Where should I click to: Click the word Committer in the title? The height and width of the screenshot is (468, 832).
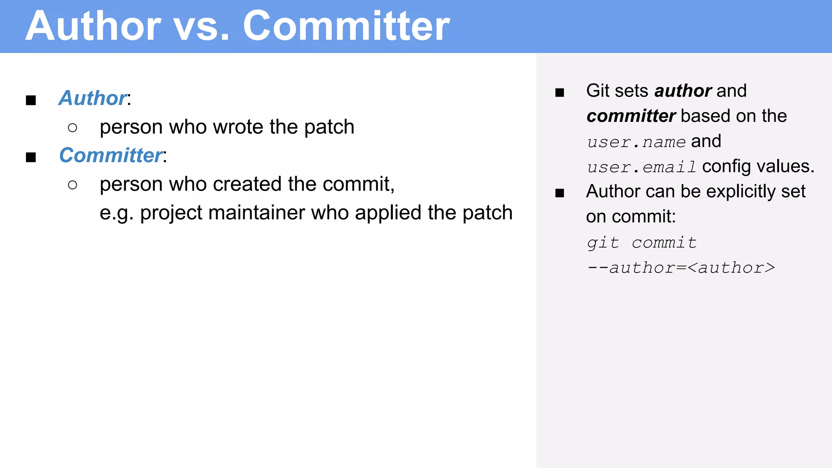pyautogui.click(x=346, y=26)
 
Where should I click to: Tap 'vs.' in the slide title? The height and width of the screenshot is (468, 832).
pyautogui.click(x=201, y=26)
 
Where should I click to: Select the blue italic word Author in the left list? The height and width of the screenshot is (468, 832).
pyautogui.click(x=93, y=98)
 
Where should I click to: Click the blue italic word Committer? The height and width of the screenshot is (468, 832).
pyautogui.click(x=110, y=155)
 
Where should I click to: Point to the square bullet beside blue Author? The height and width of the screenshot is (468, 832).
pyautogui.click(x=31, y=100)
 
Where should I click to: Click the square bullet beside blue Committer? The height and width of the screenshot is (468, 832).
pyautogui.click(x=31, y=157)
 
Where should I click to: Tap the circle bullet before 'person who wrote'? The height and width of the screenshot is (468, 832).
pyautogui.click(x=73, y=128)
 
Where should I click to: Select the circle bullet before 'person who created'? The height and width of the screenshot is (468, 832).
pyautogui.click(x=73, y=185)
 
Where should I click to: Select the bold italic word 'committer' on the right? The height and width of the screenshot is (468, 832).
pyautogui.click(x=631, y=116)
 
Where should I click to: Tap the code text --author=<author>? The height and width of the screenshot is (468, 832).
pyautogui.click(x=681, y=268)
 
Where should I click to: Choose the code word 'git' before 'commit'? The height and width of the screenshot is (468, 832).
pyautogui.click(x=603, y=243)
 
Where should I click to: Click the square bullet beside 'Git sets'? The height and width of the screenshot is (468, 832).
pyautogui.click(x=560, y=93)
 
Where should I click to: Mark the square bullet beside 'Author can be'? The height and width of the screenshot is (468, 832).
pyautogui.click(x=560, y=193)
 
